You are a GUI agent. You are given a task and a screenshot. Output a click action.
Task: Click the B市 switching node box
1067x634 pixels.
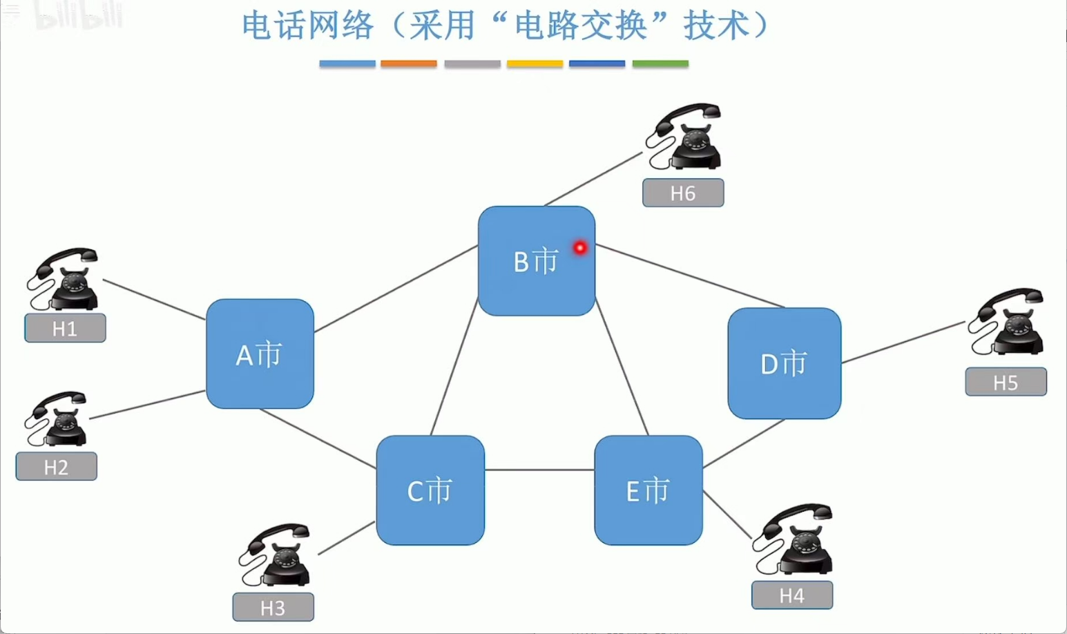point(536,261)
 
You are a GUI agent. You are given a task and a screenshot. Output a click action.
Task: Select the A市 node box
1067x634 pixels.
point(260,354)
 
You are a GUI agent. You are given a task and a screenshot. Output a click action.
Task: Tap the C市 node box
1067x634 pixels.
point(430,490)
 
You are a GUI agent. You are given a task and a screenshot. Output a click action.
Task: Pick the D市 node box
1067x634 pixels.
point(784,363)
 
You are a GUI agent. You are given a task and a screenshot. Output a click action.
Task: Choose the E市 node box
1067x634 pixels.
point(648,490)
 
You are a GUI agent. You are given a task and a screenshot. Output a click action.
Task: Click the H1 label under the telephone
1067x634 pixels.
point(65,328)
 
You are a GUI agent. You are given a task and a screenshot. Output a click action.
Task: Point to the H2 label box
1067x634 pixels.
point(56,467)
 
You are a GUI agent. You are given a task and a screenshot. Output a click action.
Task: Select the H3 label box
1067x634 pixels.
point(273,608)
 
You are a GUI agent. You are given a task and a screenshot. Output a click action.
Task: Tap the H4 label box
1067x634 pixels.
point(791,595)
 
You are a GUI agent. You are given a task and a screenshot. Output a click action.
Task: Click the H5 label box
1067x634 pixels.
point(1006,382)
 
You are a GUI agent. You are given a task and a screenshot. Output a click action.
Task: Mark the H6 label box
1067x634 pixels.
point(683,193)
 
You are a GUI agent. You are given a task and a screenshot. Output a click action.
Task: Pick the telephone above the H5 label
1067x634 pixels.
point(1007,322)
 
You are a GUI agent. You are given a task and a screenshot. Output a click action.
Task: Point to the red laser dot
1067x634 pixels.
point(580,247)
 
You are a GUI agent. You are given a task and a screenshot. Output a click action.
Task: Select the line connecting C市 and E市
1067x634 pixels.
point(539,470)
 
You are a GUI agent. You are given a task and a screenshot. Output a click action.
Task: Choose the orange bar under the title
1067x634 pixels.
point(409,64)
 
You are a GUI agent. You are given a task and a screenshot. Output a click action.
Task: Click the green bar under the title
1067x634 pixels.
point(660,64)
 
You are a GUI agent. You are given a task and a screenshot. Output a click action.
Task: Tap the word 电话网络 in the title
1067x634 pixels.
point(307,26)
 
